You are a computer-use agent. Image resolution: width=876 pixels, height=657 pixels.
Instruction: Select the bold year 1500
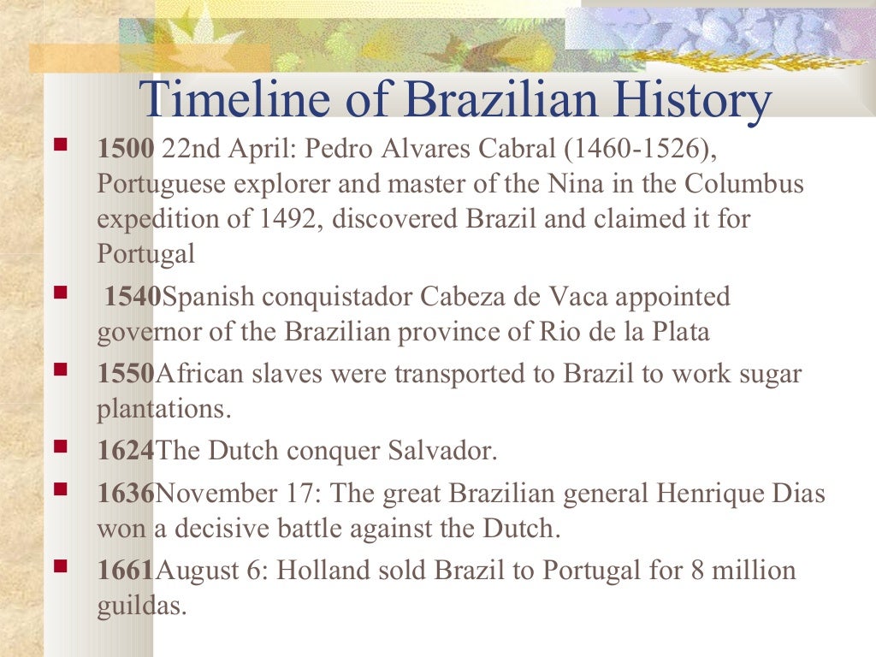pyautogui.click(x=125, y=151)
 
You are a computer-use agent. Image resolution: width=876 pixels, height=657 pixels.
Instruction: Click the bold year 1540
pyautogui.click(x=133, y=298)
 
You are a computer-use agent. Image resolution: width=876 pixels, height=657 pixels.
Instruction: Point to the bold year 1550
pyautogui.click(x=126, y=375)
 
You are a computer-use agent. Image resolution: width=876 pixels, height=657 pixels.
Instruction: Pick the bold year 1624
pyautogui.click(x=126, y=451)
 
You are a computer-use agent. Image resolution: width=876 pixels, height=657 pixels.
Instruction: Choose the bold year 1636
pyautogui.click(x=126, y=494)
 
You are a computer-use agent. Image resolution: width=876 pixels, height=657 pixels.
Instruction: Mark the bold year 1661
pyautogui.click(x=126, y=571)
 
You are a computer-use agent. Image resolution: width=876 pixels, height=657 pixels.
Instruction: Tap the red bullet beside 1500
pyautogui.click(x=61, y=145)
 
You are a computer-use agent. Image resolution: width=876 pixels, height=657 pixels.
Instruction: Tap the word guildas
pyautogui.click(x=140, y=607)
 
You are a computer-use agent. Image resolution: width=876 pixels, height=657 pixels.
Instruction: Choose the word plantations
pyautogui.click(x=163, y=409)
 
